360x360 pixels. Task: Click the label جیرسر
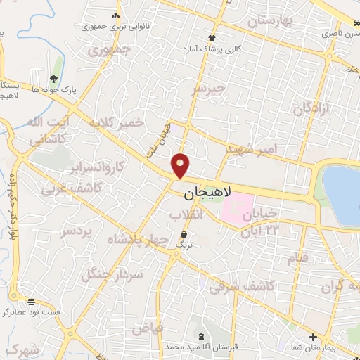(209, 89)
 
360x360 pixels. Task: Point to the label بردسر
(77, 231)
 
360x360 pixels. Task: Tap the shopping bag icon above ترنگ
(184, 233)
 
